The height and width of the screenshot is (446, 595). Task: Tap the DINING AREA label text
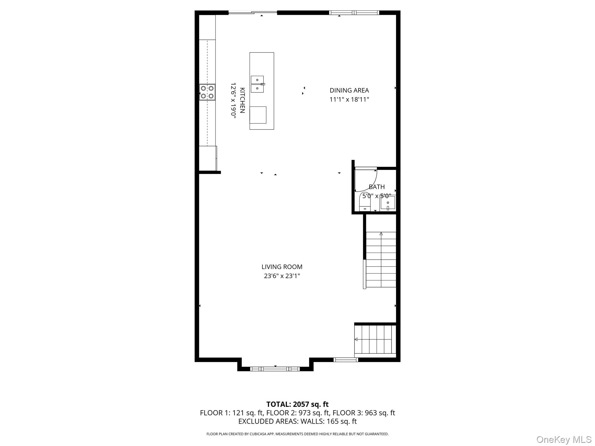click(x=349, y=90)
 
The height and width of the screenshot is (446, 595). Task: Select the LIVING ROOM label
click(x=282, y=267)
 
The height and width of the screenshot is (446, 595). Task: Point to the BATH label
click(x=377, y=187)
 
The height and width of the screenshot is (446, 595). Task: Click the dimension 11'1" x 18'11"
click(x=349, y=100)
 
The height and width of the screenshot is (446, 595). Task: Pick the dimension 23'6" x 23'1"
click(x=282, y=276)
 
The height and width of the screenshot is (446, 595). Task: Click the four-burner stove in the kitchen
click(x=207, y=92)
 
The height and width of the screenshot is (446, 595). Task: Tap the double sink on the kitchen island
click(x=257, y=84)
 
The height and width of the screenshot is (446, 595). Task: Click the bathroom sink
click(x=388, y=203)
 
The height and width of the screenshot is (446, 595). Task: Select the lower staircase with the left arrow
click(x=375, y=339)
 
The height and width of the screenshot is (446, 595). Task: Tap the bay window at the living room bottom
click(x=275, y=369)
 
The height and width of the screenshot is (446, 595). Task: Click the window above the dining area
click(x=354, y=12)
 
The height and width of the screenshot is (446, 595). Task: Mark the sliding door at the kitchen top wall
click(x=253, y=12)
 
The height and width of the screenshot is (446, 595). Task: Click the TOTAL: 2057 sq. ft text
click(x=297, y=404)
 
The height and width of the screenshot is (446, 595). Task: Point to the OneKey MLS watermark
click(x=564, y=439)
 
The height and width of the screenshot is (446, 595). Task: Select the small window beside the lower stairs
click(x=345, y=360)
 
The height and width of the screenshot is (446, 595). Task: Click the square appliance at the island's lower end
click(x=258, y=115)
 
